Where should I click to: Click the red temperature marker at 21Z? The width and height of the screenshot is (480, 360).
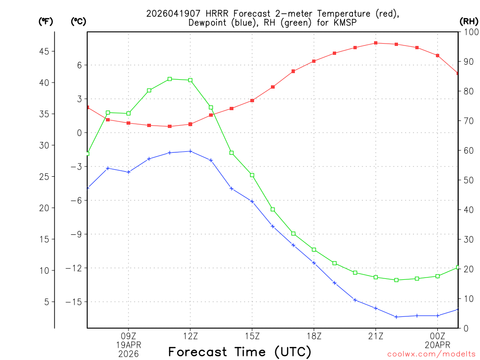click(x=376, y=43)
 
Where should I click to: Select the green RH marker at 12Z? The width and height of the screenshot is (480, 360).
click(x=190, y=80)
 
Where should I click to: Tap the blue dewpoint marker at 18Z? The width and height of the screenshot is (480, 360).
click(x=314, y=263)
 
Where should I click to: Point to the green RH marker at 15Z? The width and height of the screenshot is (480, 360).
click(x=252, y=175)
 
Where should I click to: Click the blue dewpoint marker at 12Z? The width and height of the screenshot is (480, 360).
click(x=190, y=151)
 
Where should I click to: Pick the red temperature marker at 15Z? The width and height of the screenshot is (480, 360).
click(x=252, y=101)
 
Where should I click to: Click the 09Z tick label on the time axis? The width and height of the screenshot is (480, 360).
click(x=128, y=336)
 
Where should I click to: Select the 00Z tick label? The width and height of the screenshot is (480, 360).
click(x=438, y=336)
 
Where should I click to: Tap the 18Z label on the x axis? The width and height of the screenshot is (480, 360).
click(x=314, y=336)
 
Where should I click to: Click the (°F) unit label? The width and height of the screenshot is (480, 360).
click(x=45, y=22)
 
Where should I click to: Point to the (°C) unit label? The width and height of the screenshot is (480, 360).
click(x=78, y=22)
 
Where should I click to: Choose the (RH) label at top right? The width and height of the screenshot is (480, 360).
click(x=468, y=22)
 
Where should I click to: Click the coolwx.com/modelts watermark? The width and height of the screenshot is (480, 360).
click(x=431, y=354)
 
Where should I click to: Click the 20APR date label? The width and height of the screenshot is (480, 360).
click(x=438, y=345)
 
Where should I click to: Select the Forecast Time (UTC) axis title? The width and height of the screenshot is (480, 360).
click(x=240, y=352)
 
